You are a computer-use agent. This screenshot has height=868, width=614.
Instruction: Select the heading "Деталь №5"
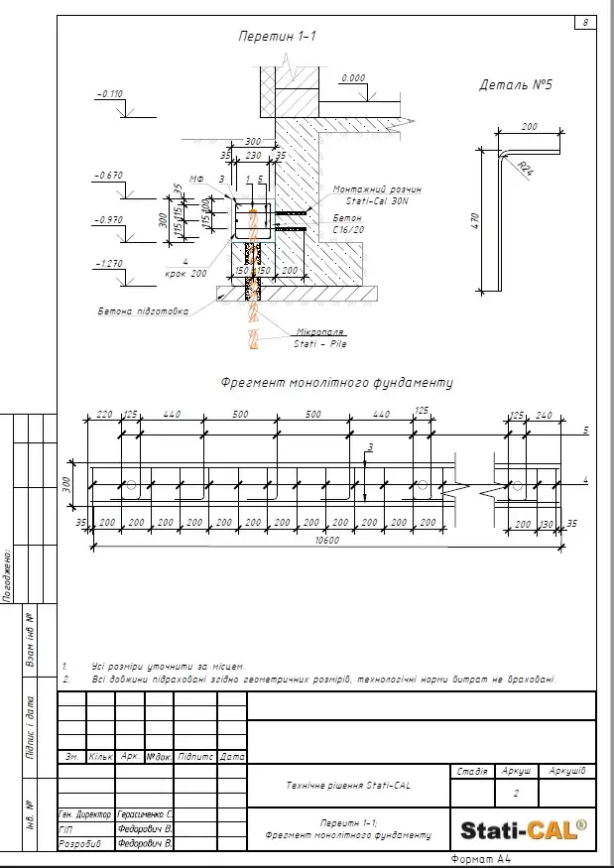point(515,85)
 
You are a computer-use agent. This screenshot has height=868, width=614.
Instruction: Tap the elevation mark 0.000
point(352,77)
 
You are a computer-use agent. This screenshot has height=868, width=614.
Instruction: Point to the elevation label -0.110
point(109,94)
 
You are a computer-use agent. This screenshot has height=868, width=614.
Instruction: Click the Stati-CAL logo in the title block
point(524,827)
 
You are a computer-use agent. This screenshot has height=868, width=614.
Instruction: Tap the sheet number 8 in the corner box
point(585,23)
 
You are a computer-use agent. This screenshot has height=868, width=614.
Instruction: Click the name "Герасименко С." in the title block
point(146,812)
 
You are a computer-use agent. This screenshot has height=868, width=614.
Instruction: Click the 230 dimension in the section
point(253,155)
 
